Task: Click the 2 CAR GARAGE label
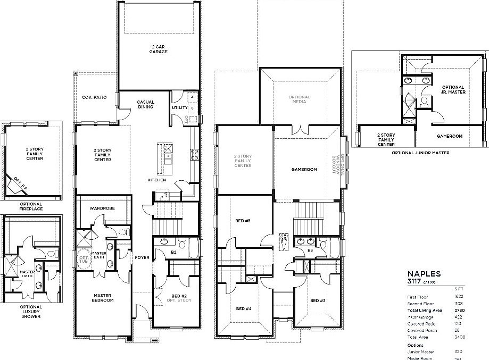[158, 49]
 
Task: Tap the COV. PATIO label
[94, 98]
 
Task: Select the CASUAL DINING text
[145, 104]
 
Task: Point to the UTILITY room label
[179, 107]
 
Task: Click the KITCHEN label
[157, 180]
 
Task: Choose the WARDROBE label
[102, 208]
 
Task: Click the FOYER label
[142, 257]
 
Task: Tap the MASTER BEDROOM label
[102, 298]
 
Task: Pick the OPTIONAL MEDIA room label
[299, 99]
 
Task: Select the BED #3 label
[318, 301]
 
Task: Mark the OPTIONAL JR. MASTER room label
[453, 89]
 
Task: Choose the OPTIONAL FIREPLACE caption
[31, 206]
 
